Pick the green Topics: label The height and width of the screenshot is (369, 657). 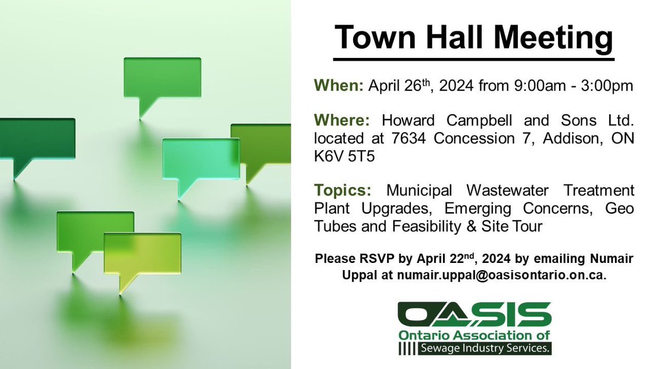tap(343, 191)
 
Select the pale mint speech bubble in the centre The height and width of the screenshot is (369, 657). tap(200, 159)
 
